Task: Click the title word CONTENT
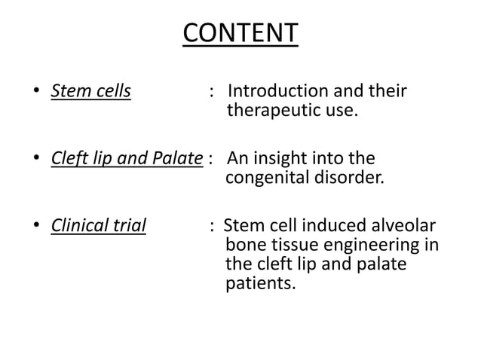tap(240, 34)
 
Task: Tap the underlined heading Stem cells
tap(90, 92)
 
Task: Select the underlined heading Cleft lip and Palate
tap(127, 159)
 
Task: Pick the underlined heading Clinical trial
tap(98, 225)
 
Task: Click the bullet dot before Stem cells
tap(35, 93)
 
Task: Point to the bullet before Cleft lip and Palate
tap(35, 160)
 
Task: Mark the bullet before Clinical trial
tap(35, 227)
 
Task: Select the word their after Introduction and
tap(387, 92)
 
